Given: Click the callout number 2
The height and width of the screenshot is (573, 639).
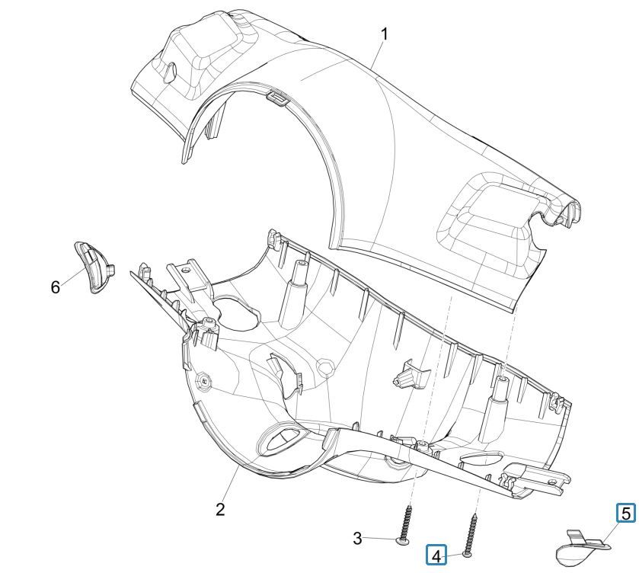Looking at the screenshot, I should (x=220, y=510).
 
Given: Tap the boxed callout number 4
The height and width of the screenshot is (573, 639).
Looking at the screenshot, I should (x=436, y=555).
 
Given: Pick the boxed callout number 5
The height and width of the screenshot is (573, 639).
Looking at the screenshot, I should (x=625, y=514).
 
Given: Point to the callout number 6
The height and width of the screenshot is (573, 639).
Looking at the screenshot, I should (x=55, y=286).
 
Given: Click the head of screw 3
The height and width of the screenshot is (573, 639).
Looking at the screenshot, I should (x=404, y=542).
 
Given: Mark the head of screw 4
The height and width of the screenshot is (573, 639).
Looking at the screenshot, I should (x=466, y=555).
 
